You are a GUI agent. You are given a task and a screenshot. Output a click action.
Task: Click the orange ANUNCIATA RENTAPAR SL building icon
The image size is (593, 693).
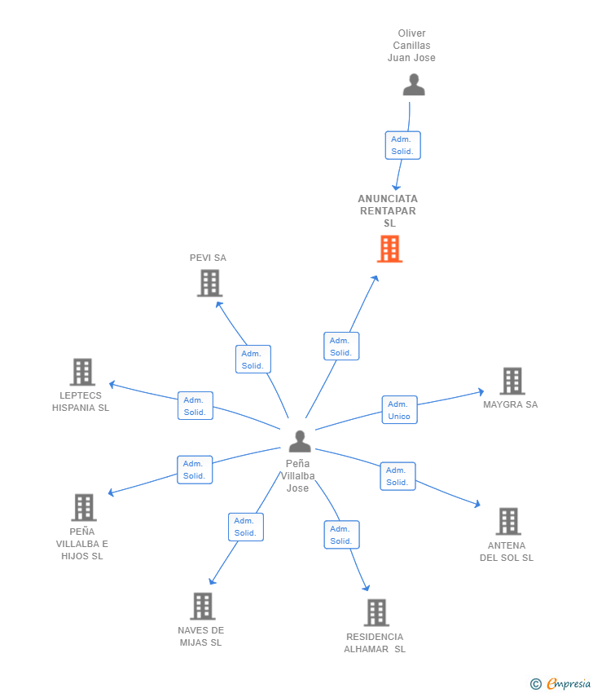pyautogui.click(x=389, y=249)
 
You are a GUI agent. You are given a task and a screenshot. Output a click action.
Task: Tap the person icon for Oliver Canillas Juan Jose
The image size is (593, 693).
pyautogui.click(x=414, y=85)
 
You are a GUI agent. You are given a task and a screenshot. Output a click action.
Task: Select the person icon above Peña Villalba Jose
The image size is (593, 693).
pyautogui.click(x=300, y=441)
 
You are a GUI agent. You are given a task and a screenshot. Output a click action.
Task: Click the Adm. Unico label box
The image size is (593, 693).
pyautogui.click(x=400, y=410)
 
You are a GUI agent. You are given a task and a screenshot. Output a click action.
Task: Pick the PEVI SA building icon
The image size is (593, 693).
pyautogui.click(x=209, y=283)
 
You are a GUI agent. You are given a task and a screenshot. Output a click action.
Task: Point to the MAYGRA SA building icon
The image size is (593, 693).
pyautogui.click(x=512, y=381)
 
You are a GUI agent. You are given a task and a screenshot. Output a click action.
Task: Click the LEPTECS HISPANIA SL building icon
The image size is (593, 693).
pyautogui.click(x=82, y=372)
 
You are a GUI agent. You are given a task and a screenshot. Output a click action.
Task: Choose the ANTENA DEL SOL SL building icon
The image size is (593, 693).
pyautogui.click(x=508, y=522)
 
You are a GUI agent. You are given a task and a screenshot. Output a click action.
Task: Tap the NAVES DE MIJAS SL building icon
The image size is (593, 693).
pyautogui.click(x=203, y=607)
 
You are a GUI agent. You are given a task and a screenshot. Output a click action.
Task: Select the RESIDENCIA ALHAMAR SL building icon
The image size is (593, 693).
pyautogui.click(x=376, y=612)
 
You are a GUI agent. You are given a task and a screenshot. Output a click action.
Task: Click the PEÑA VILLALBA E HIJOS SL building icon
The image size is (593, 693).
pyautogui.click(x=84, y=507)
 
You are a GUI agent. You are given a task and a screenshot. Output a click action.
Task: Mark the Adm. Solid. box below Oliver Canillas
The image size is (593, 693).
pyautogui.click(x=402, y=145)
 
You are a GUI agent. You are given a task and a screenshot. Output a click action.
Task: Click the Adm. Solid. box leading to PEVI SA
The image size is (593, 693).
pyautogui.click(x=253, y=360)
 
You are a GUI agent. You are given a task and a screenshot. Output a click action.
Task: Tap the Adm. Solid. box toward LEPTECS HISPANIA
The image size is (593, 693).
pyautogui.click(x=195, y=406)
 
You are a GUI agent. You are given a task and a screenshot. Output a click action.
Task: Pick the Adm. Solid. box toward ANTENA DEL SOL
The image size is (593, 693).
pyautogui.click(x=398, y=476)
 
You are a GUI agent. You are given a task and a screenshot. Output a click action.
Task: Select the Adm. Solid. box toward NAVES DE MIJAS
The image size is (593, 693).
pyautogui.click(x=246, y=527)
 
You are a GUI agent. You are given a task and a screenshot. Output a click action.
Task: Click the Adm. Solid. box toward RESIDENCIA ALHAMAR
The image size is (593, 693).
pyautogui.click(x=342, y=535)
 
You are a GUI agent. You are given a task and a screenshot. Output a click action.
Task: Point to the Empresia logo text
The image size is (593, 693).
pyautogui.click(x=569, y=684)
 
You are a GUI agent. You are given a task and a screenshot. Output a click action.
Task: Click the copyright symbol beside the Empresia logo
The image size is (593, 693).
pyautogui.click(x=536, y=685)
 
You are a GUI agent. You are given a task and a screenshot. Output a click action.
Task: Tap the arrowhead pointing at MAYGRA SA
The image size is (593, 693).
pyautogui.click(x=481, y=391)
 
